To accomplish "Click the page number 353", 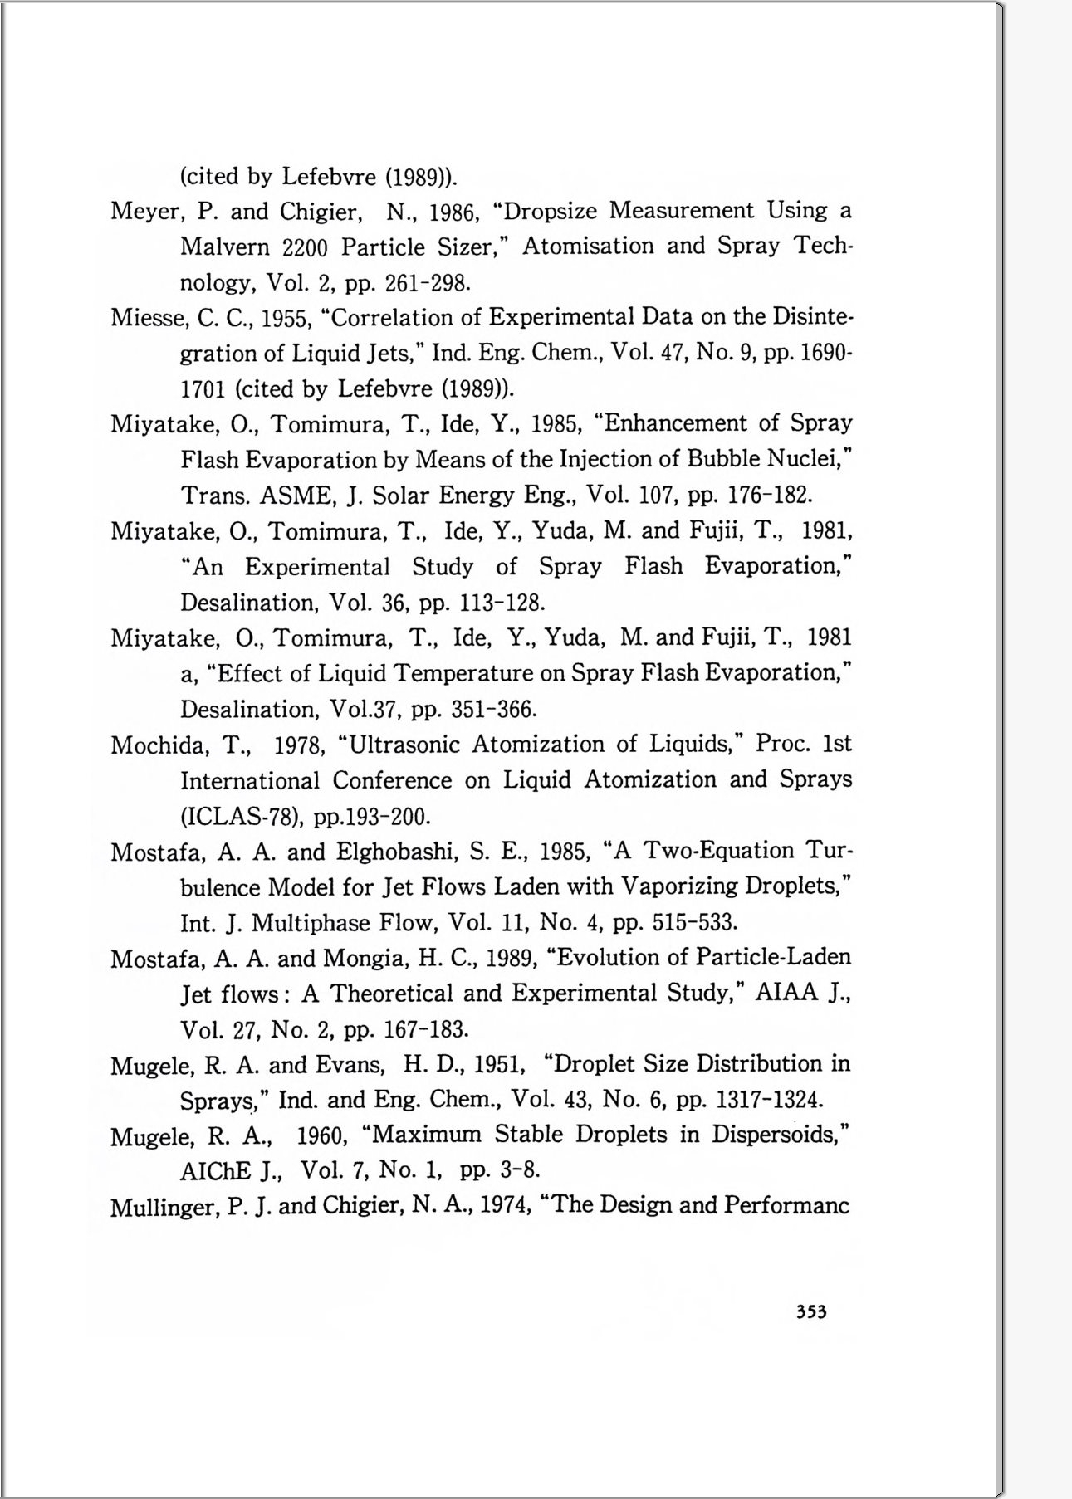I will click(x=811, y=1312).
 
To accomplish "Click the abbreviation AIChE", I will click(x=215, y=1171).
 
